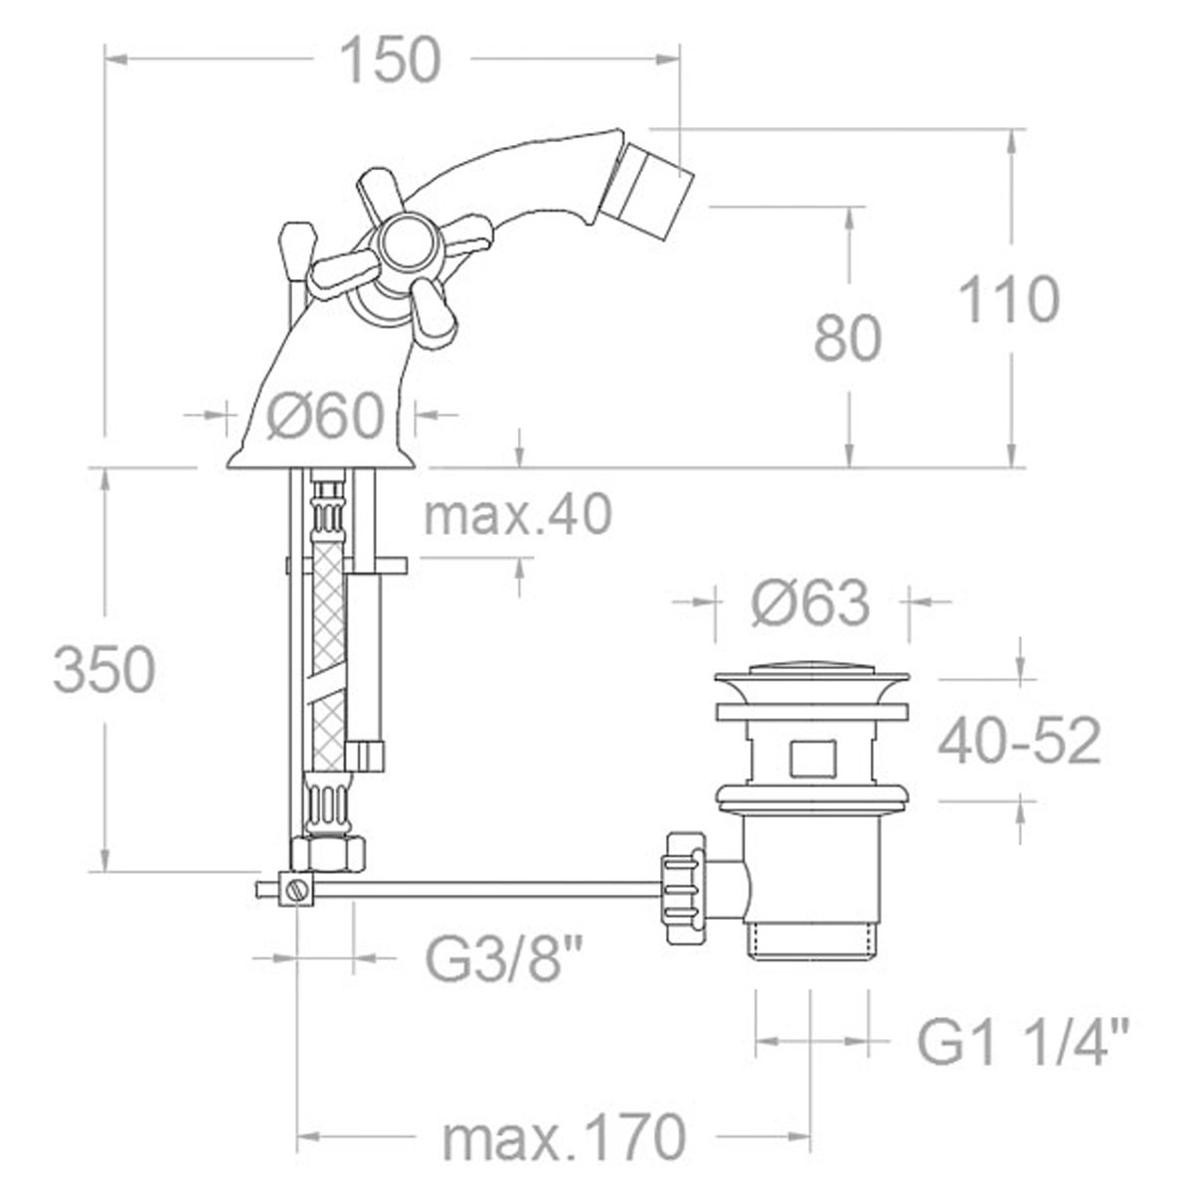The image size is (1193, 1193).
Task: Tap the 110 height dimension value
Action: point(1008,300)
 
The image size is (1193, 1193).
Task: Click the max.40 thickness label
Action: point(517,515)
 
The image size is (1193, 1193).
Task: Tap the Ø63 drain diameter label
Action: point(810,602)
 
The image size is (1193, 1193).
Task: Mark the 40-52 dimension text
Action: point(1020,741)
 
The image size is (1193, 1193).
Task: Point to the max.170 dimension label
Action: point(564,1134)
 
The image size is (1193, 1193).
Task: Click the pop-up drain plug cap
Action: point(811,680)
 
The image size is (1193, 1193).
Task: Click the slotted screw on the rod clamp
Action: point(295,890)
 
